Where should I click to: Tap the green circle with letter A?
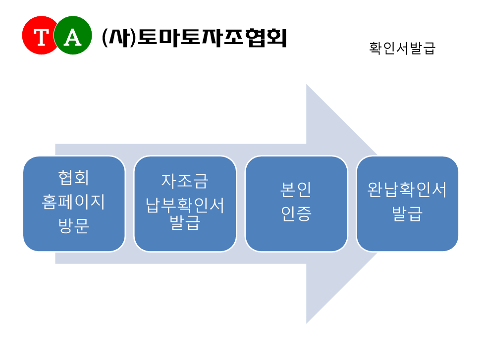(x=73, y=35)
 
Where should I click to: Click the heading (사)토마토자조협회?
(x=194, y=38)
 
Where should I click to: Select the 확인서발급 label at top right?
(x=402, y=48)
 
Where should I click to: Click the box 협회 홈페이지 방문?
(x=74, y=204)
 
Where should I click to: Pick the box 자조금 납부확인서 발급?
(x=185, y=204)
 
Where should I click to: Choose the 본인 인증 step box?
(x=296, y=204)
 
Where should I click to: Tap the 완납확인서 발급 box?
(x=407, y=204)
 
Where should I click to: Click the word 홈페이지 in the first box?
(x=74, y=202)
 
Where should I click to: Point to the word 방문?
(x=74, y=226)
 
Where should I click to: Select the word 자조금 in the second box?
(x=185, y=181)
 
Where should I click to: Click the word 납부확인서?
(x=185, y=205)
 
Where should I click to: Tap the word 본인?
(x=296, y=189)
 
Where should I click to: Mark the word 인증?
(x=296, y=214)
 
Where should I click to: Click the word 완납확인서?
(x=407, y=189)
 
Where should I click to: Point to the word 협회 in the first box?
(x=74, y=177)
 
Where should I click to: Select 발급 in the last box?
(x=407, y=214)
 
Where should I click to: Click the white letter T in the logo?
(x=41, y=37)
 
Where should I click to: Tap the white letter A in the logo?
(x=73, y=37)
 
